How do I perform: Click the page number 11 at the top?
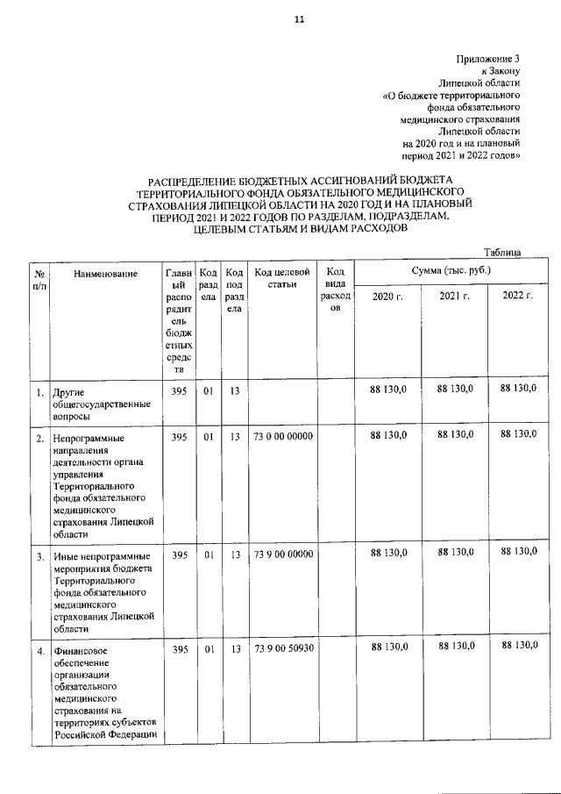tap(299, 18)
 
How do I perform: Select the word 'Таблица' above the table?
tap(503, 253)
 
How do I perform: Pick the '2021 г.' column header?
tap(455, 297)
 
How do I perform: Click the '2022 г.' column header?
tap(517, 297)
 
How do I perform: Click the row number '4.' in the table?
tap(40, 651)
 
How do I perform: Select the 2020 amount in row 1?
tap(388, 388)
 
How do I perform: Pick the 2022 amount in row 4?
tap(517, 647)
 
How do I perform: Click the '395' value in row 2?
tap(179, 436)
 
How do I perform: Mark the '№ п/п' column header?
tap(39, 279)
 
